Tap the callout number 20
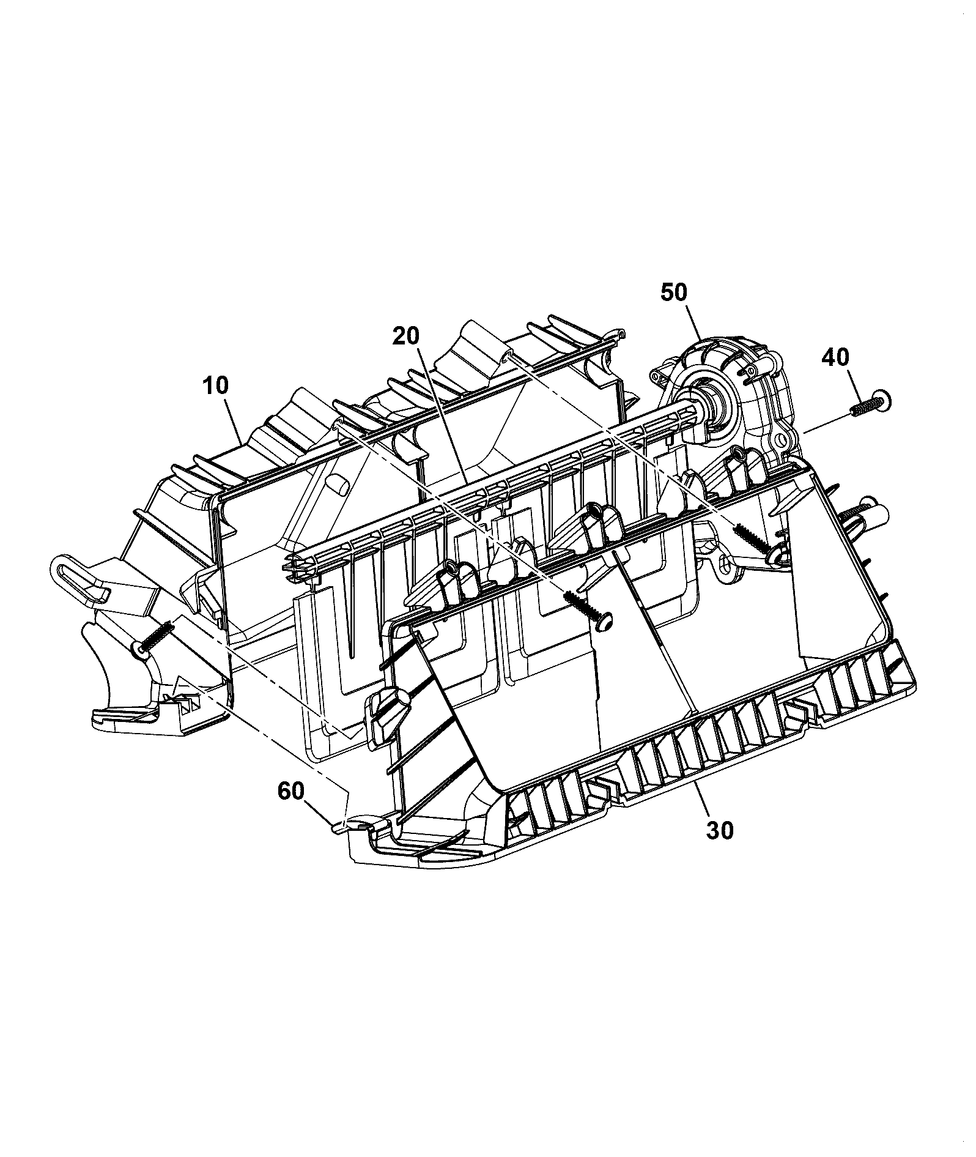tap(406, 336)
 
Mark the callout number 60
tap(290, 791)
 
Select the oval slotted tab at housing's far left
tap(68, 571)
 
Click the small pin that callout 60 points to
tap(338, 829)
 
